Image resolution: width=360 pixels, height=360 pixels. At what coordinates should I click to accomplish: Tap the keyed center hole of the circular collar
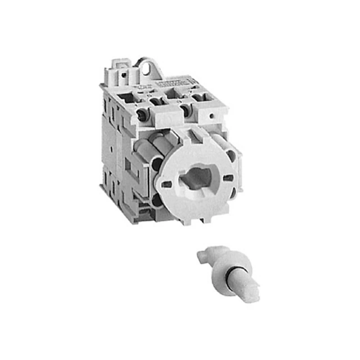pos(195,180)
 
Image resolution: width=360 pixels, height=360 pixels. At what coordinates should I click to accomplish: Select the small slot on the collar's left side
pos(165,184)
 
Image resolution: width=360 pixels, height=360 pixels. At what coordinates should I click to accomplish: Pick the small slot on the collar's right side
pos(228,178)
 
